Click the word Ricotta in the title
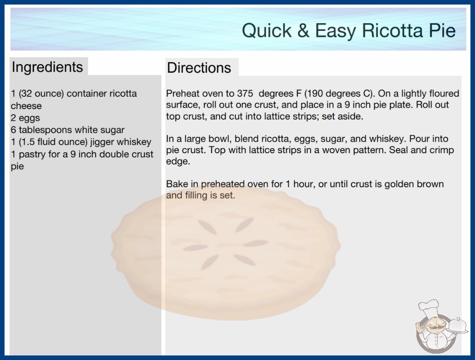[393, 30]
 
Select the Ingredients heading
[47, 67]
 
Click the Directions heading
[199, 68]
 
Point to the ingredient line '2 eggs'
[25, 118]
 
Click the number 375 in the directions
[245, 94]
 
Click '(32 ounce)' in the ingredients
[41, 94]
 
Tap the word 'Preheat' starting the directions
[182, 94]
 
